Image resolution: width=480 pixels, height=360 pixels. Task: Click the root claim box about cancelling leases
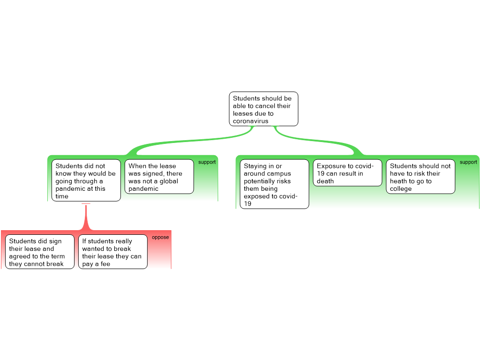pyautogui.click(x=263, y=109)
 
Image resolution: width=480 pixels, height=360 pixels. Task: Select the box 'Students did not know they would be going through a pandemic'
pyautogui.click(x=86, y=180)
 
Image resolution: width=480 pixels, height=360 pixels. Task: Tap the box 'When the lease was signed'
pyautogui.click(x=159, y=177)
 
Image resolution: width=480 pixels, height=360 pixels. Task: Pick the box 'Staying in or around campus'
pyautogui.click(x=274, y=184)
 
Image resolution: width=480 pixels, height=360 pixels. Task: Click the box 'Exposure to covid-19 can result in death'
pyautogui.click(x=347, y=172)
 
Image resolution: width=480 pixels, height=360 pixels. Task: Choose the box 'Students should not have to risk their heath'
pyautogui.click(x=420, y=177)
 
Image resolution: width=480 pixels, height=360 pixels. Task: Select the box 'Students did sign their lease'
pyautogui.click(x=40, y=252)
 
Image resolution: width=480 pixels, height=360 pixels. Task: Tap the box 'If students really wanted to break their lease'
pyautogui.click(x=113, y=252)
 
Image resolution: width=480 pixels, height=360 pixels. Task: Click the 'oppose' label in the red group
pyautogui.click(x=160, y=237)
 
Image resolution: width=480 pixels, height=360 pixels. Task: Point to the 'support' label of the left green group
pyautogui.click(x=207, y=162)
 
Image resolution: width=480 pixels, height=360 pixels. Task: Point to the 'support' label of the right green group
pyautogui.click(x=468, y=162)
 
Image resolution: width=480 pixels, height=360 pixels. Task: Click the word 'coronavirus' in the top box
pyautogui.click(x=250, y=121)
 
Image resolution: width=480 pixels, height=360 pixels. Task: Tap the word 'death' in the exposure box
pyautogui.click(x=325, y=181)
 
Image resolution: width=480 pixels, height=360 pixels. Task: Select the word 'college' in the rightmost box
pyautogui.click(x=401, y=188)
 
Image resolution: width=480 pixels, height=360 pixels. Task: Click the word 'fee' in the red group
pyautogui.click(x=105, y=264)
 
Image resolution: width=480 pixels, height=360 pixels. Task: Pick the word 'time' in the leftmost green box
pyautogui.click(x=62, y=196)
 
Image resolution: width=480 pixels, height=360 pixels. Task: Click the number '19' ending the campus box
pyautogui.click(x=247, y=203)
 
